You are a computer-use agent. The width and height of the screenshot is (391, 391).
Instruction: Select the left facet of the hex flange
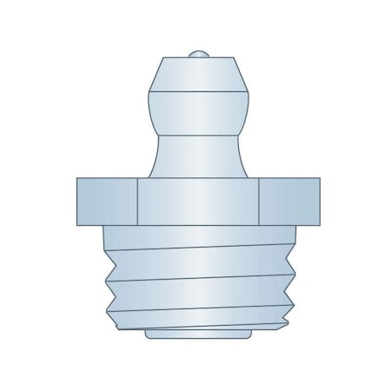107,201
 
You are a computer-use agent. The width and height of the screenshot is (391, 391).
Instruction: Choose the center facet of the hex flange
199,201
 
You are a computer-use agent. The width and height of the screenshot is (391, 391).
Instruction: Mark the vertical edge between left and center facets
138,201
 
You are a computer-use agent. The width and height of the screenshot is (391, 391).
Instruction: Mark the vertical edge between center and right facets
260,201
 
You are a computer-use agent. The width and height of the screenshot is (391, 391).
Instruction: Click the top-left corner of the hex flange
77,178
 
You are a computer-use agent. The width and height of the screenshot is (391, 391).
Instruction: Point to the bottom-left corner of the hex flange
77,224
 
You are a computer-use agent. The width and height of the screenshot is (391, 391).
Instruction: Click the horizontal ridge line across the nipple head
199,94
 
